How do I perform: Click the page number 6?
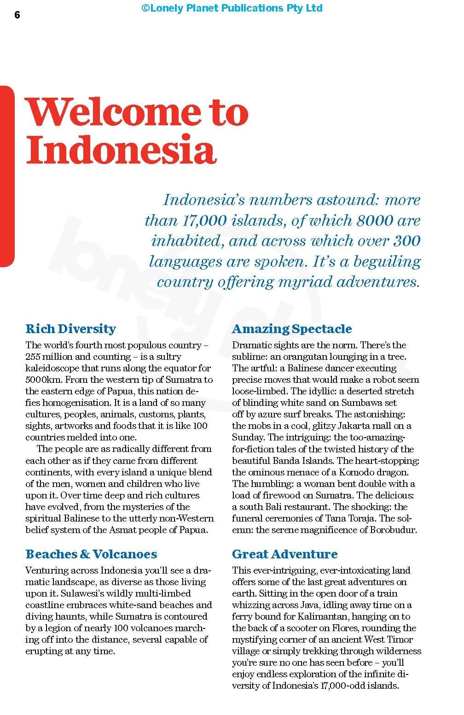pos(17,15)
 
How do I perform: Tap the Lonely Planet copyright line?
pos(232,8)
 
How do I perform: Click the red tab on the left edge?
pos(6,176)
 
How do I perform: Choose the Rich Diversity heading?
pos(70,328)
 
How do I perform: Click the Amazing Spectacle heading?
pos(292,328)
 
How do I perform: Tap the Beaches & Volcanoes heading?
pos(91,554)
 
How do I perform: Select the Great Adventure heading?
pos(284,554)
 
